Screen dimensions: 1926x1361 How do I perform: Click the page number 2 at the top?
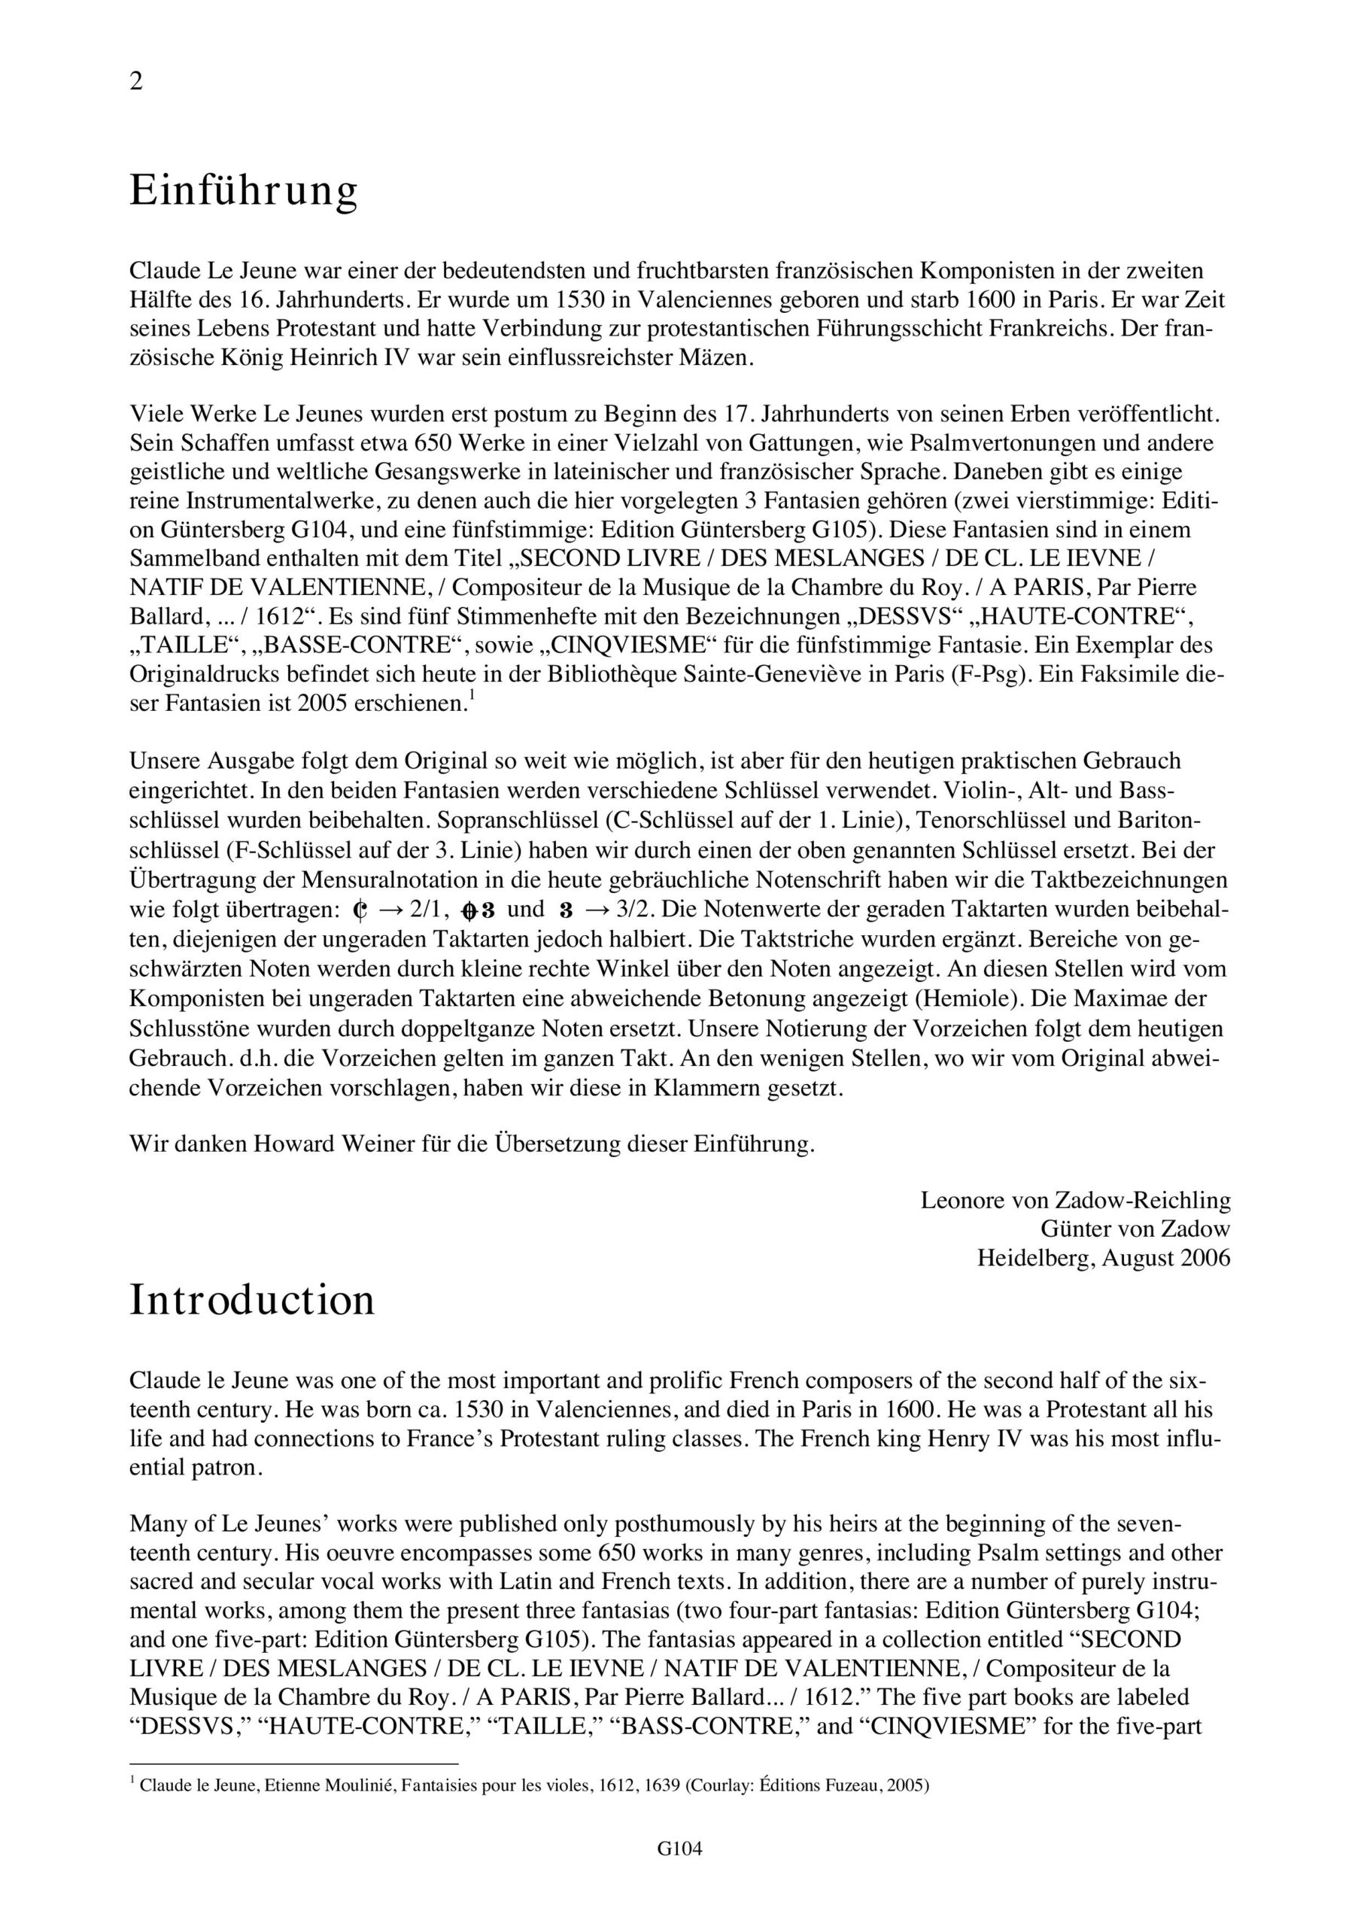point(136,82)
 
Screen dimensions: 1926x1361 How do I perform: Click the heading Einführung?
point(243,191)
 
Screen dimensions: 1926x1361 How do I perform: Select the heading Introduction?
point(252,1300)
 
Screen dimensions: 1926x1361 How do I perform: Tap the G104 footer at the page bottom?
point(679,1872)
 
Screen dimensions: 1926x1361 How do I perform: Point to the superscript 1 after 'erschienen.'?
point(472,696)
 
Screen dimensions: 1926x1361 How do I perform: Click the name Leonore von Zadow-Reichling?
point(1075,1201)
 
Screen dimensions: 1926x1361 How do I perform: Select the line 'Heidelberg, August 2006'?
point(1104,1257)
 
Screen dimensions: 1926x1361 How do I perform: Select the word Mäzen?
point(719,358)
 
